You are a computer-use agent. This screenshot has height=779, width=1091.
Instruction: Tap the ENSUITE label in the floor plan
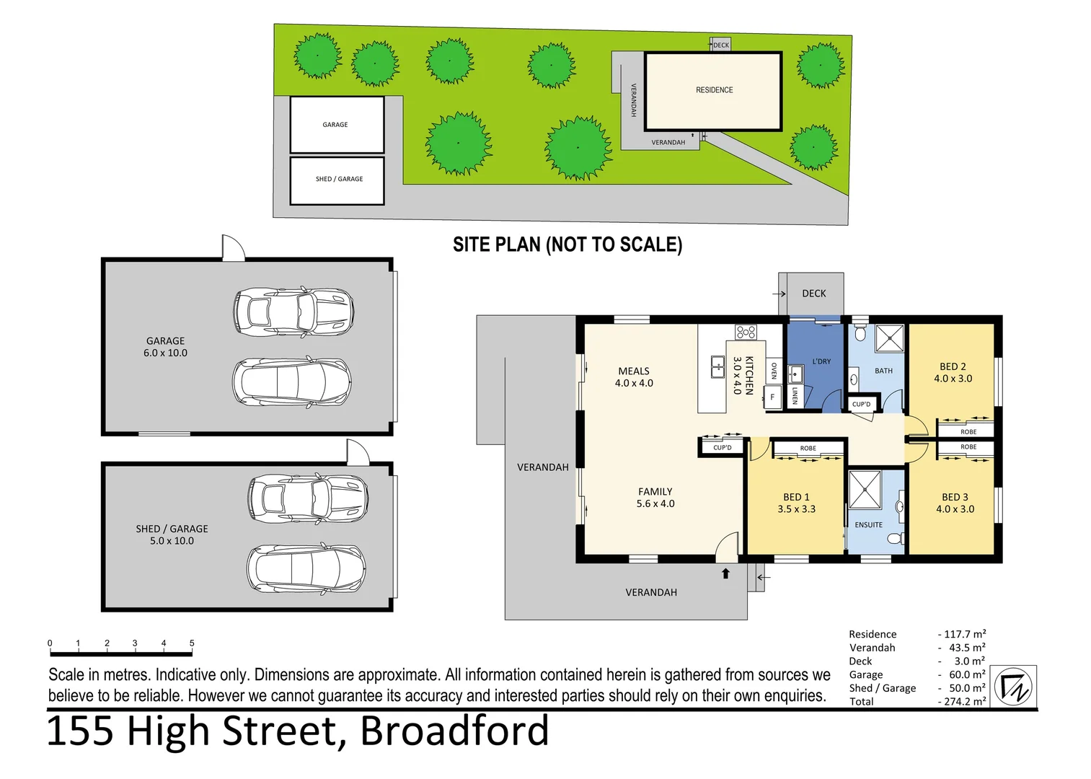coord(868,525)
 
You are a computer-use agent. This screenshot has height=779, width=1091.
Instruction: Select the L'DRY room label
coord(821,361)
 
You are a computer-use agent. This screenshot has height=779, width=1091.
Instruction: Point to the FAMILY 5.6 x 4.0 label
coord(655,498)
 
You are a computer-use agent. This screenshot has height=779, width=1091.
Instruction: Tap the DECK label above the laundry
coord(813,294)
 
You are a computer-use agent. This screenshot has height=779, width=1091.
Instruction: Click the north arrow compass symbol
coord(1014,686)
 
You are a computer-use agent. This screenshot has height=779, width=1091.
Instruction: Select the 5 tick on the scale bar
coord(192,643)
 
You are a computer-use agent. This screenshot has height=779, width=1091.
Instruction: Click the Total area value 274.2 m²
coord(964,701)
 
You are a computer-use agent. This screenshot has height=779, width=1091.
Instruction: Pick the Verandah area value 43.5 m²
coord(966,648)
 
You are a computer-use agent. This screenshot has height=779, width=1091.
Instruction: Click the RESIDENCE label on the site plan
coord(714,90)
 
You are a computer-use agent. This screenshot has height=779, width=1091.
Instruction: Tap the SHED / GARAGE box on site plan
coord(337,180)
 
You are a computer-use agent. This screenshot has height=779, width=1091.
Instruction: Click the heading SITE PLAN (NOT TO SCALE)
coord(567,245)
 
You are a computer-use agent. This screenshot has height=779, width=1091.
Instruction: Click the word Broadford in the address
coord(454,731)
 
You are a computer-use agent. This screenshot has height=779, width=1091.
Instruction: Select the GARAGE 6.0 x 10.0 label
coord(165,347)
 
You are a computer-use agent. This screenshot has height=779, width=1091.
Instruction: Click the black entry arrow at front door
coord(725,573)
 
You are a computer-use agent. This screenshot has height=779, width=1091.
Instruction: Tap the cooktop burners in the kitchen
coord(746,332)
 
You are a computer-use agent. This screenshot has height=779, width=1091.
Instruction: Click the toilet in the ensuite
coord(896,538)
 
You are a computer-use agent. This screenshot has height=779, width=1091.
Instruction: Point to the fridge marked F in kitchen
coord(772,397)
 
